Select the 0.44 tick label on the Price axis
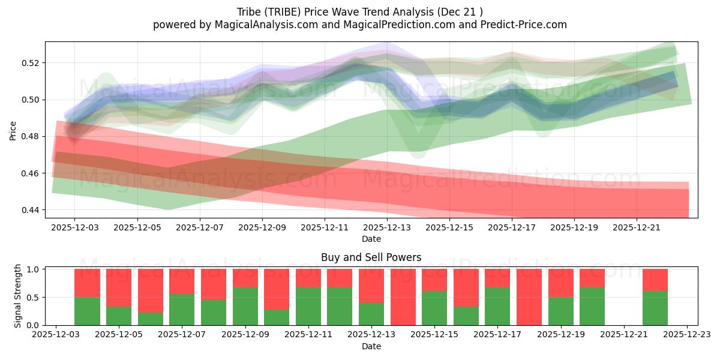31,210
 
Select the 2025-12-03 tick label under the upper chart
75,228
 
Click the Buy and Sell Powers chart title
371,257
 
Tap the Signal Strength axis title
18,296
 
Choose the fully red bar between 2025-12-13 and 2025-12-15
403,297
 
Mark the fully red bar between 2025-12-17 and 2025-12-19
529,297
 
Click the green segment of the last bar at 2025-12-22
655,308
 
